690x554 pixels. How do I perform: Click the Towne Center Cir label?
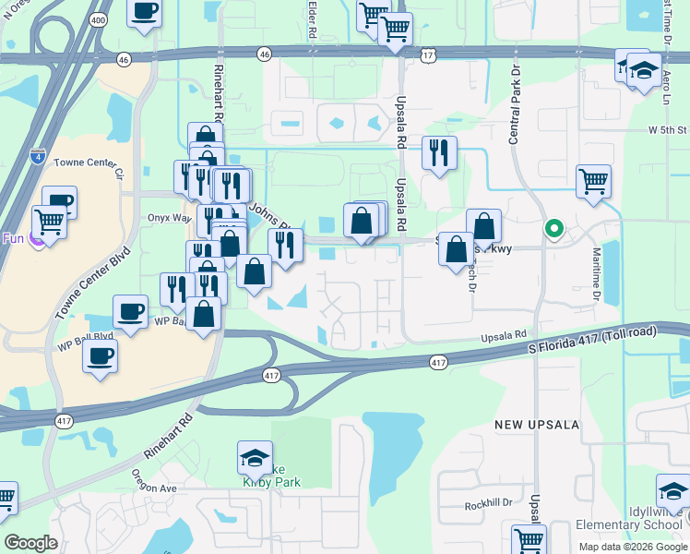click(88, 166)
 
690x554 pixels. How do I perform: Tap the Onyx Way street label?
click(169, 219)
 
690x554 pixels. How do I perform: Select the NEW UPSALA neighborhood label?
click(536, 425)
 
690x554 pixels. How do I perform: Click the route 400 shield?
click(97, 18)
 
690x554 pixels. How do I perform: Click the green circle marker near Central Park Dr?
click(553, 228)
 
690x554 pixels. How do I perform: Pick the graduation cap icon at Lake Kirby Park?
click(255, 456)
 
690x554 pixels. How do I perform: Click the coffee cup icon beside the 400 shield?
click(143, 13)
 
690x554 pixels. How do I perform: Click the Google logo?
click(30, 543)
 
